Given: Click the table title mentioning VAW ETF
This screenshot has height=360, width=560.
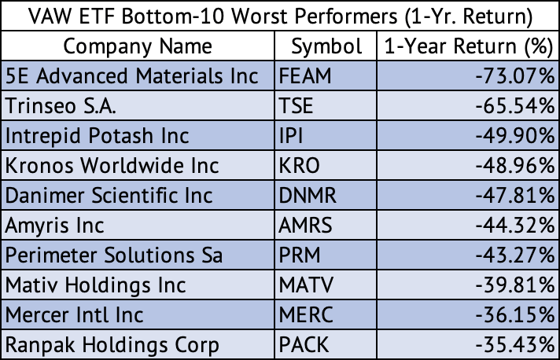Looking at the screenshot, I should [x=280, y=16].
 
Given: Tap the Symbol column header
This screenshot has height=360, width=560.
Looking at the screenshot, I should [x=326, y=46].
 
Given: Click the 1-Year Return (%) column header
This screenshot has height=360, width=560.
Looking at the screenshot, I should [x=467, y=46].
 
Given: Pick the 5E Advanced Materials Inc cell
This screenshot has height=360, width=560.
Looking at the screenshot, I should [x=132, y=76].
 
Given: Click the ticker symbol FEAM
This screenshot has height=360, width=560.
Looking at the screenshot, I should [x=306, y=76].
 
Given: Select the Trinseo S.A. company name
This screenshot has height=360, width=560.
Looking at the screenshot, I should [x=61, y=106].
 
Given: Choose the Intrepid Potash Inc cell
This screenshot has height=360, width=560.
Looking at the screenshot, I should [x=98, y=136].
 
